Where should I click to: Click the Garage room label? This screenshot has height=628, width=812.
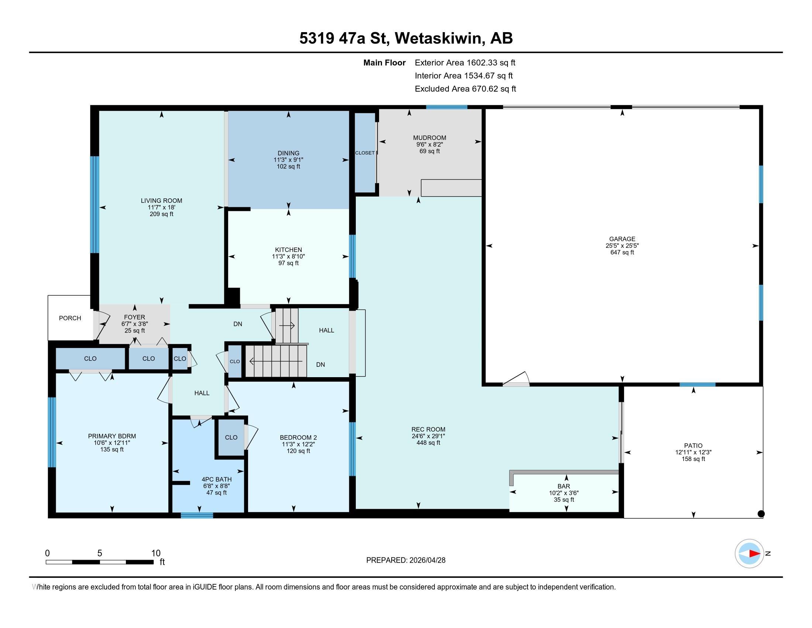pyautogui.click(x=622, y=239)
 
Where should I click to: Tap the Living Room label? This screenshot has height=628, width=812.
pyautogui.click(x=161, y=201)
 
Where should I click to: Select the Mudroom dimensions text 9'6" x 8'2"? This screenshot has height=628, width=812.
pyautogui.click(x=429, y=144)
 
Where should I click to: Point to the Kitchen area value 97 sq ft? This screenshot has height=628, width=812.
pyautogui.click(x=289, y=263)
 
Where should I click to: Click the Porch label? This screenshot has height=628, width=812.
pyautogui.click(x=70, y=318)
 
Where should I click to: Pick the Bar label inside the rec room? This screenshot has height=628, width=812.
pyautogui.click(x=564, y=486)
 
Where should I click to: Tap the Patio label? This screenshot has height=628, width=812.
pyautogui.click(x=693, y=446)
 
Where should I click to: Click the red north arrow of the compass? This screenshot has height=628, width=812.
pyautogui.click(x=754, y=554)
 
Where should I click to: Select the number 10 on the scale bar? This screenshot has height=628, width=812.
pyautogui.click(x=156, y=553)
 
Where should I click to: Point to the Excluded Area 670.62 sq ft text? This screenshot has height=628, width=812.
pyautogui.click(x=465, y=89)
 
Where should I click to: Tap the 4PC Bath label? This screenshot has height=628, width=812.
pyautogui.click(x=216, y=479)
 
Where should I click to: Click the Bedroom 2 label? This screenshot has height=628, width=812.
pyautogui.click(x=298, y=437)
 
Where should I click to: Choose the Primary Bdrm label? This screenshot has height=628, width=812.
pyautogui.click(x=112, y=436)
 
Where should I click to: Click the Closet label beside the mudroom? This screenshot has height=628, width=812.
pyautogui.click(x=365, y=153)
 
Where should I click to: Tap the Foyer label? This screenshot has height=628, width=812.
pyautogui.click(x=135, y=317)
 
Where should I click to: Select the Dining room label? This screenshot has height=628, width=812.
pyautogui.click(x=289, y=153)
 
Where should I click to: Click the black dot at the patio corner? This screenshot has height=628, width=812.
pyautogui.click(x=761, y=514)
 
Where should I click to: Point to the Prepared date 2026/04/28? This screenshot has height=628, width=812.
pyautogui.click(x=427, y=560)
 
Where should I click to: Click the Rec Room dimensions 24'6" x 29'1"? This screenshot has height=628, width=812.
pyautogui.click(x=428, y=436)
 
